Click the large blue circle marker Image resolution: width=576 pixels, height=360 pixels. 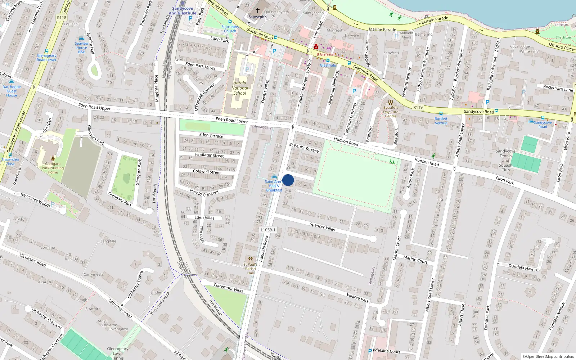point(288,180)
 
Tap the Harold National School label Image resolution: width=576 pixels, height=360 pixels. point(240,88)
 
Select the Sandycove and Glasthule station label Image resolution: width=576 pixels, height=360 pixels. point(183,11)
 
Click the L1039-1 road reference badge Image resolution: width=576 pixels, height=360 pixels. point(268,230)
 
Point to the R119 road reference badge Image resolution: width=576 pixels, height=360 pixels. point(418,107)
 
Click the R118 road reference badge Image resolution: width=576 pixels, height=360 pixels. point(62,17)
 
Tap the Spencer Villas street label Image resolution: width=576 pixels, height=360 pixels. point(322,226)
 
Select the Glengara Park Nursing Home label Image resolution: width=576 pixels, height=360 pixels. point(53,168)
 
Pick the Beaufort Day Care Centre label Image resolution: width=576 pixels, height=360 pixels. point(391,112)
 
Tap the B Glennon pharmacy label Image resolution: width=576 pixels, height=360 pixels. point(325,54)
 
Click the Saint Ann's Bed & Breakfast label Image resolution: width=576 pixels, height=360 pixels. point(274,186)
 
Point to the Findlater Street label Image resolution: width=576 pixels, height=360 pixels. point(209,155)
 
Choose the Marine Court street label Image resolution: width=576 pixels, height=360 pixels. point(415,260)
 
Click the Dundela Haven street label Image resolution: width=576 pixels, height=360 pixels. point(522,267)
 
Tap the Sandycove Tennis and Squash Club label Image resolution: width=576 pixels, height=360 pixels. point(505,161)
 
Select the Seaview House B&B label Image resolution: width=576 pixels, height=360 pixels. point(82,48)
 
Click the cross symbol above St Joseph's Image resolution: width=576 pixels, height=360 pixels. point(257,10)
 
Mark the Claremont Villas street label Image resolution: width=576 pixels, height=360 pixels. point(228,288)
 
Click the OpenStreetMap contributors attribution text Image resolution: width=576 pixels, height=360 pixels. point(548,356)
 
